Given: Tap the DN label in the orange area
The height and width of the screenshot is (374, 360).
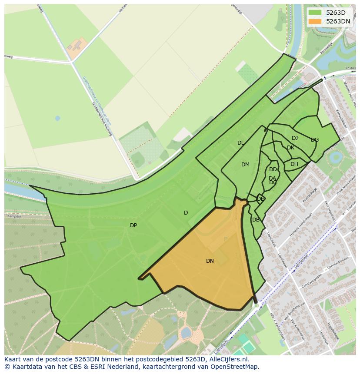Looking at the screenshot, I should click(210, 261).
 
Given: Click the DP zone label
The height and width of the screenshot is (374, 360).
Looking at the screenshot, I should click(133, 225).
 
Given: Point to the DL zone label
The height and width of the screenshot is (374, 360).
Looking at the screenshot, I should click(240, 143).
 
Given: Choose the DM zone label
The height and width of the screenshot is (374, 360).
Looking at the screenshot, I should click(245, 165).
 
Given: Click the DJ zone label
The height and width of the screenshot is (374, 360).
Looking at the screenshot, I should click(295, 138).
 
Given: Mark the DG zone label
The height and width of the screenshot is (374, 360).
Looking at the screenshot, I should click(315, 140).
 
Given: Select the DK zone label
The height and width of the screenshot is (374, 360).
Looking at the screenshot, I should click(290, 148).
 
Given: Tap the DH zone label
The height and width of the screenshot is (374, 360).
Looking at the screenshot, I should click(294, 164).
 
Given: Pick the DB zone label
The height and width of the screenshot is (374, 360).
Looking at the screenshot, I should click(256, 220).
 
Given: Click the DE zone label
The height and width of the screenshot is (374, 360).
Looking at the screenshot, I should click(260, 199).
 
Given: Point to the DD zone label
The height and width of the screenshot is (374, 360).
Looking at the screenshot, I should click(273, 169).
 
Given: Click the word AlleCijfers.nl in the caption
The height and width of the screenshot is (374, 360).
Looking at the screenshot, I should click(229, 359).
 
